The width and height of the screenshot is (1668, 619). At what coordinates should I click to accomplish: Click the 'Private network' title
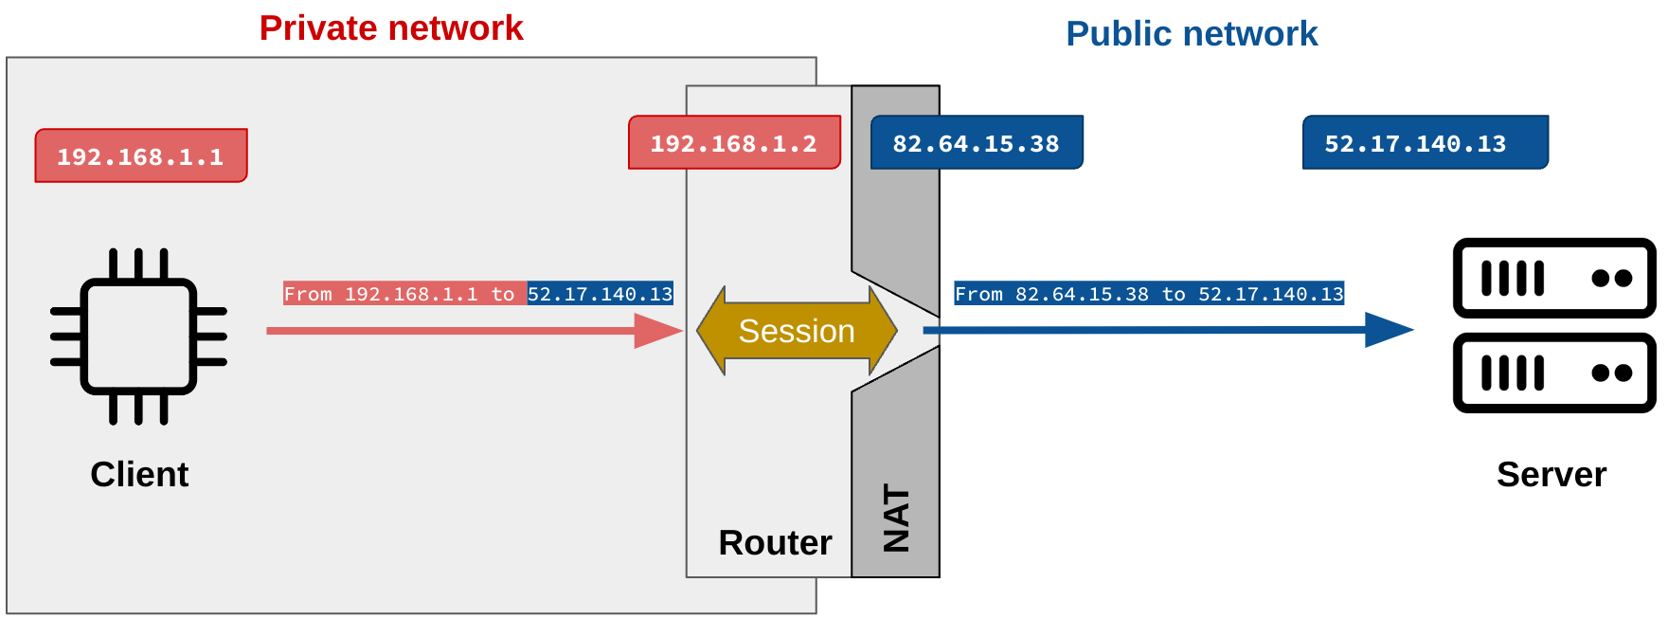click(x=390, y=28)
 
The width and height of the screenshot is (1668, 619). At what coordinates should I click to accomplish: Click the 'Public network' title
click(x=1191, y=34)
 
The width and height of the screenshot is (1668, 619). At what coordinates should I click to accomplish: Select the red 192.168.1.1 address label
click(x=141, y=155)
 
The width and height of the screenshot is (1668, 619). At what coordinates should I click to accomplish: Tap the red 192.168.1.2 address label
click(x=734, y=143)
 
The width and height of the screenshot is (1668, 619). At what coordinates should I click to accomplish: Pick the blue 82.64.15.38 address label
click(x=976, y=143)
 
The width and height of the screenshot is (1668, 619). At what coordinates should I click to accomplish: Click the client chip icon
click(x=138, y=336)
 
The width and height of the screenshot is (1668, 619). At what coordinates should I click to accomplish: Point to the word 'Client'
click(x=139, y=474)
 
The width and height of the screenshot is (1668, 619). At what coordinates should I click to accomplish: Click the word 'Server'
click(x=1551, y=474)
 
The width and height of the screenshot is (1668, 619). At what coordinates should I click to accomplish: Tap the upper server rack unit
click(x=1553, y=278)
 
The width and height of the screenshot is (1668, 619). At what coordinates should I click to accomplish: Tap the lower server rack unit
click(x=1553, y=373)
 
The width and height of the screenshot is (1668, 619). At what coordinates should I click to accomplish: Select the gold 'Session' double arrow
click(x=797, y=331)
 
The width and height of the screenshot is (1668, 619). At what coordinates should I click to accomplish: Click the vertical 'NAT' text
click(x=896, y=519)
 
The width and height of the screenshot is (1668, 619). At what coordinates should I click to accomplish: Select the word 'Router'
click(x=775, y=543)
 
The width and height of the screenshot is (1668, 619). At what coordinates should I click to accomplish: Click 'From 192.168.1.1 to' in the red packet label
click(x=404, y=294)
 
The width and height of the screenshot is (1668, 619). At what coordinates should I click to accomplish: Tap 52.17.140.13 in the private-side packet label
click(x=600, y=294)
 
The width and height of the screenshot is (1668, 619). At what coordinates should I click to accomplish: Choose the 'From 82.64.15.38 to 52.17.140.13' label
click(x=1148, y=294)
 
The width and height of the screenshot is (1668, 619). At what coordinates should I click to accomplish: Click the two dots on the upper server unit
click(x=1611, y=278)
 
